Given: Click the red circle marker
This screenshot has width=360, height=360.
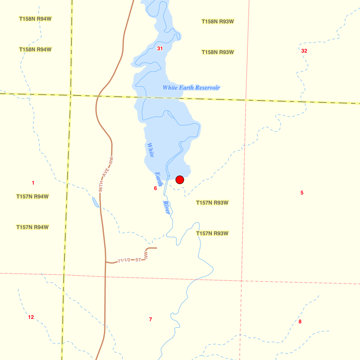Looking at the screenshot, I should coord(180,180).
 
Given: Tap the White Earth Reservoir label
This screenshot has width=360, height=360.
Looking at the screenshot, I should coord(191,88).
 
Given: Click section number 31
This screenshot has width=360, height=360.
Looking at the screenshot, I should coord(160,48).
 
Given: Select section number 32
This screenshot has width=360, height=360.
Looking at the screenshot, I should coord(304,51).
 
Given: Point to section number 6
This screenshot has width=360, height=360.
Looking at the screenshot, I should coord(155,188).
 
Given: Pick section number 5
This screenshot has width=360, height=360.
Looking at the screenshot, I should coord(302,193).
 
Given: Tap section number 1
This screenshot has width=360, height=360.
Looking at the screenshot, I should coord(33,182).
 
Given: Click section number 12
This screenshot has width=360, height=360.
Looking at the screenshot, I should coord(31,317).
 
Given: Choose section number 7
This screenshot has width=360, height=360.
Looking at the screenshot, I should coord(151,319).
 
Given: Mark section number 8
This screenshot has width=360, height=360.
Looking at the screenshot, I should coord(300,322).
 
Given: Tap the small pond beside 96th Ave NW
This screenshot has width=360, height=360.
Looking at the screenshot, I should coord(95,202).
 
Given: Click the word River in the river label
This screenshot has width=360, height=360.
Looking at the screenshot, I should coord(166,207).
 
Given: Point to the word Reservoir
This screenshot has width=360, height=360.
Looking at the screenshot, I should coord(207,88).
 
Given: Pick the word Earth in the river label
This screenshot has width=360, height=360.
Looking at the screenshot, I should coord(158,179).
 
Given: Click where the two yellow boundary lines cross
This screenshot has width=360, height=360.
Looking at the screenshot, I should coord(71,95).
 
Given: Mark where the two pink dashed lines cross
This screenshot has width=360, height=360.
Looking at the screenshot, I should coord(242,281).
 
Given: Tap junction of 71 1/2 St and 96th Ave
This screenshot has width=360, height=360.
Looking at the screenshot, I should coord(105,261).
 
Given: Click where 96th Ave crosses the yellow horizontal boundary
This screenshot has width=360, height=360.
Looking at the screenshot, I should coord(98,96).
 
